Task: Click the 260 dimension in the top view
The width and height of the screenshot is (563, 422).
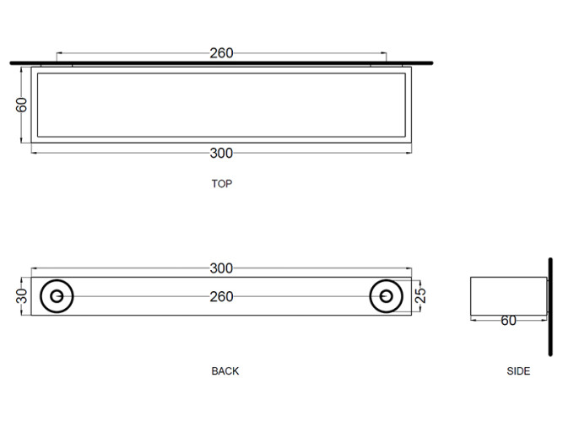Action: [221, 53]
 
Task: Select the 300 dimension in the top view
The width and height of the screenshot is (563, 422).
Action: [221, 153]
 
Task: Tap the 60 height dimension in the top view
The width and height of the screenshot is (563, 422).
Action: [22, 105]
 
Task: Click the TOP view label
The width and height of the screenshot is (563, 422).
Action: [222, 183]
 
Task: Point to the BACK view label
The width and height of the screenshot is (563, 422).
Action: [225, 371]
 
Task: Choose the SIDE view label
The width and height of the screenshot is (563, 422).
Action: [518, 371]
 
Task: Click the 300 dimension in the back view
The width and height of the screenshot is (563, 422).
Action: [221, 268]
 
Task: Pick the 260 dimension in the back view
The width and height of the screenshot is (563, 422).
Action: [221, 296]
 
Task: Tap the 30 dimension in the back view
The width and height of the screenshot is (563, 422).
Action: [22, 296]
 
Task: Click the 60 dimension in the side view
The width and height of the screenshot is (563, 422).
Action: [508, 321]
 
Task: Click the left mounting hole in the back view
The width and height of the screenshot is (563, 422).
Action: [57, 296]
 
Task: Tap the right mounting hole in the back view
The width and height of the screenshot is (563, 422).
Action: [387, 296]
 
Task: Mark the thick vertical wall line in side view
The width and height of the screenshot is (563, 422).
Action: [549, 295]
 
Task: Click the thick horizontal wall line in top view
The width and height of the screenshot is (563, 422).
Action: [221, 63]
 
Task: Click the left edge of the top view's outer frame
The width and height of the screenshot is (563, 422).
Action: [32, 105]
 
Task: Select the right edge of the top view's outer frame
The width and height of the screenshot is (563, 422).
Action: [411, 105]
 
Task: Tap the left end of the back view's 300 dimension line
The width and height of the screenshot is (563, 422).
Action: [32, 269]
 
